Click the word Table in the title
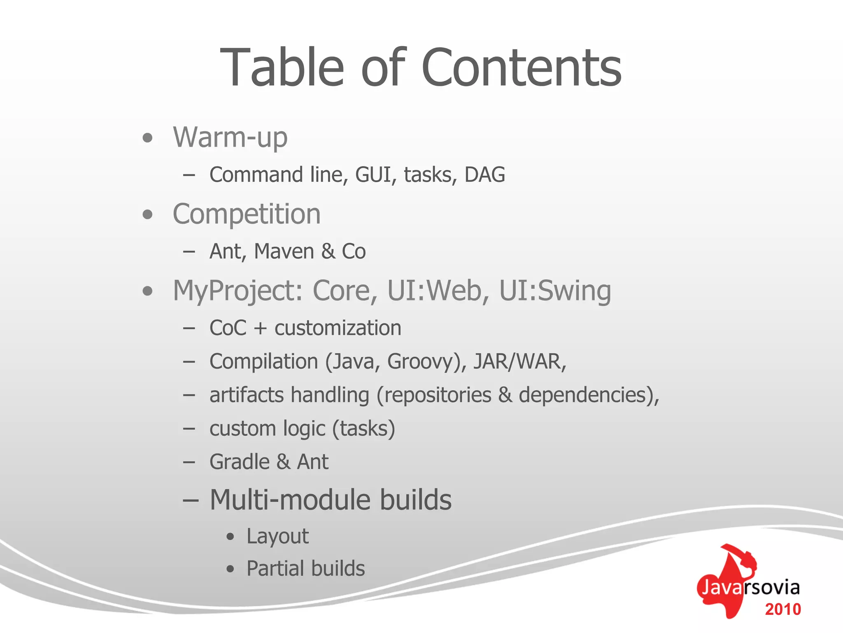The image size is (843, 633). (282, 68)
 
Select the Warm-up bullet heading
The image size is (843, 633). (230, 137)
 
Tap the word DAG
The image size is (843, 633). (484, 175)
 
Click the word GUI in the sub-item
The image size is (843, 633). (373, 175)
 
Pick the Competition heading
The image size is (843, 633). (247, 214)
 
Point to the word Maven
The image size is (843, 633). (284, 251)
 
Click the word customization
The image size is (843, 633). (338, 328)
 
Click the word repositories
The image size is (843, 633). (434, 395)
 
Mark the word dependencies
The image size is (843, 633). (585, 395)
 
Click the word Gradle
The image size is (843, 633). (240, 462)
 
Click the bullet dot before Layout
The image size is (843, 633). (231, 537)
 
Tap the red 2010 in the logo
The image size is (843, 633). (783, 609)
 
